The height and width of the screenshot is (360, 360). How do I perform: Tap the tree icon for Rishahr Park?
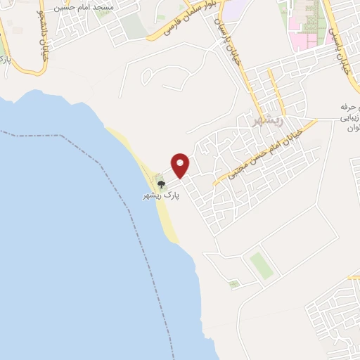coord(162,185)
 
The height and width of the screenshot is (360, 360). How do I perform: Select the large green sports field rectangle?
coord(259,264)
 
